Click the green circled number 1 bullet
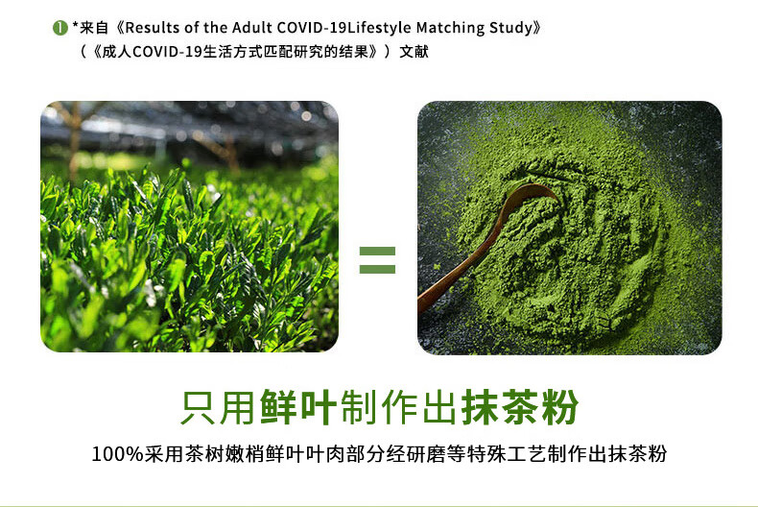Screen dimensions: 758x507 [59, 28]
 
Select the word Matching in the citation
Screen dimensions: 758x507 [451, 28]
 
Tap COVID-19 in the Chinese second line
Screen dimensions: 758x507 [167, 52]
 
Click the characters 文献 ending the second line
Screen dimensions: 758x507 [414, 51]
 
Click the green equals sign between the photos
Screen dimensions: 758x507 [377, 260]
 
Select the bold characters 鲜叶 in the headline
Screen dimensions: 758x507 [298, 407]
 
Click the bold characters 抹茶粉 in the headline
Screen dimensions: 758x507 [520, 407]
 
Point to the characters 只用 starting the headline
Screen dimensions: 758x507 [218, 407]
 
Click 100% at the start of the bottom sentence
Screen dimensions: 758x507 [117, 454]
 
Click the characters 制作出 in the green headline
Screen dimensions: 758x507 [399, 407]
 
